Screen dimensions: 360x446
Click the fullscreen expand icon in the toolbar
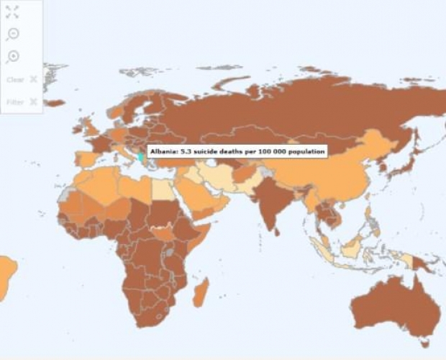click(x=12, y=11)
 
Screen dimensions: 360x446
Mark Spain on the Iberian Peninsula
click(x=87, y=158)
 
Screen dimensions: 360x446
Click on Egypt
click(x=163, y=187)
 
